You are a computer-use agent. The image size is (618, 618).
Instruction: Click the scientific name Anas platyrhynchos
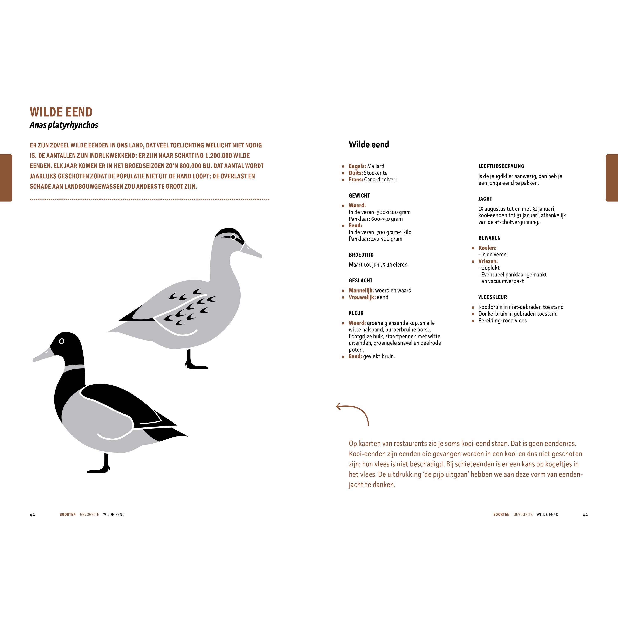point(64,125)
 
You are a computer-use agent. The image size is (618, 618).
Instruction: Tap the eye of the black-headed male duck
point(62,341)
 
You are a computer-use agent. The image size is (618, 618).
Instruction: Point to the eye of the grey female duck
point(233,237)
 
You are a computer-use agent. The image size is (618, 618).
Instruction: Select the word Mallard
point(376,166)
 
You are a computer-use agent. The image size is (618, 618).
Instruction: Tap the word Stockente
point(376,173)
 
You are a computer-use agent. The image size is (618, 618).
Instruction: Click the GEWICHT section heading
point(359,195)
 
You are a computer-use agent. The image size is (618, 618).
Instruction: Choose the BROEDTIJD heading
point(361,255)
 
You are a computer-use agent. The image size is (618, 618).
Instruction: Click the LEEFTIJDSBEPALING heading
point(501,166)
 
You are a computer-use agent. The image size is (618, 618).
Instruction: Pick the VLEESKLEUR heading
point(493,297)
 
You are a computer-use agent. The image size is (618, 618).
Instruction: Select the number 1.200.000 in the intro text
point(219,156)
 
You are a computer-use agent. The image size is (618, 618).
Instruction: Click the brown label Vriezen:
point(488,261)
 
